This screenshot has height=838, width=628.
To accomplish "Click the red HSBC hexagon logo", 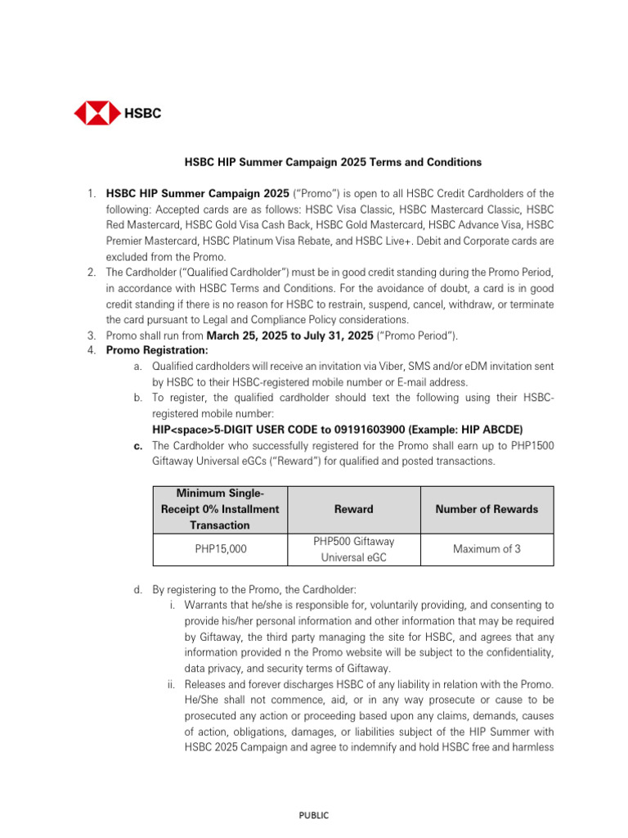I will coord(97,113).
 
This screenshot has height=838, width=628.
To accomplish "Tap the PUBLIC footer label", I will coord(314,815).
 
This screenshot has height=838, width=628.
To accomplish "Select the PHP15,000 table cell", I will coord(221,549).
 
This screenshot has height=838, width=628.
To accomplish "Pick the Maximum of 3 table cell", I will coord(487,549).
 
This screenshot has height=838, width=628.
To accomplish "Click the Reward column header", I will coord(353,509).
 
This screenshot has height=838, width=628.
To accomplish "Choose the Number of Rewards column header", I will coord(487,509).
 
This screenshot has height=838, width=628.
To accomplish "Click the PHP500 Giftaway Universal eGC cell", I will coord(353,549).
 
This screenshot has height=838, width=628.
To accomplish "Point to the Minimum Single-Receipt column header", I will coord(221,509).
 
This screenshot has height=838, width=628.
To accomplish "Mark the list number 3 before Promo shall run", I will coord(92,336).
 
